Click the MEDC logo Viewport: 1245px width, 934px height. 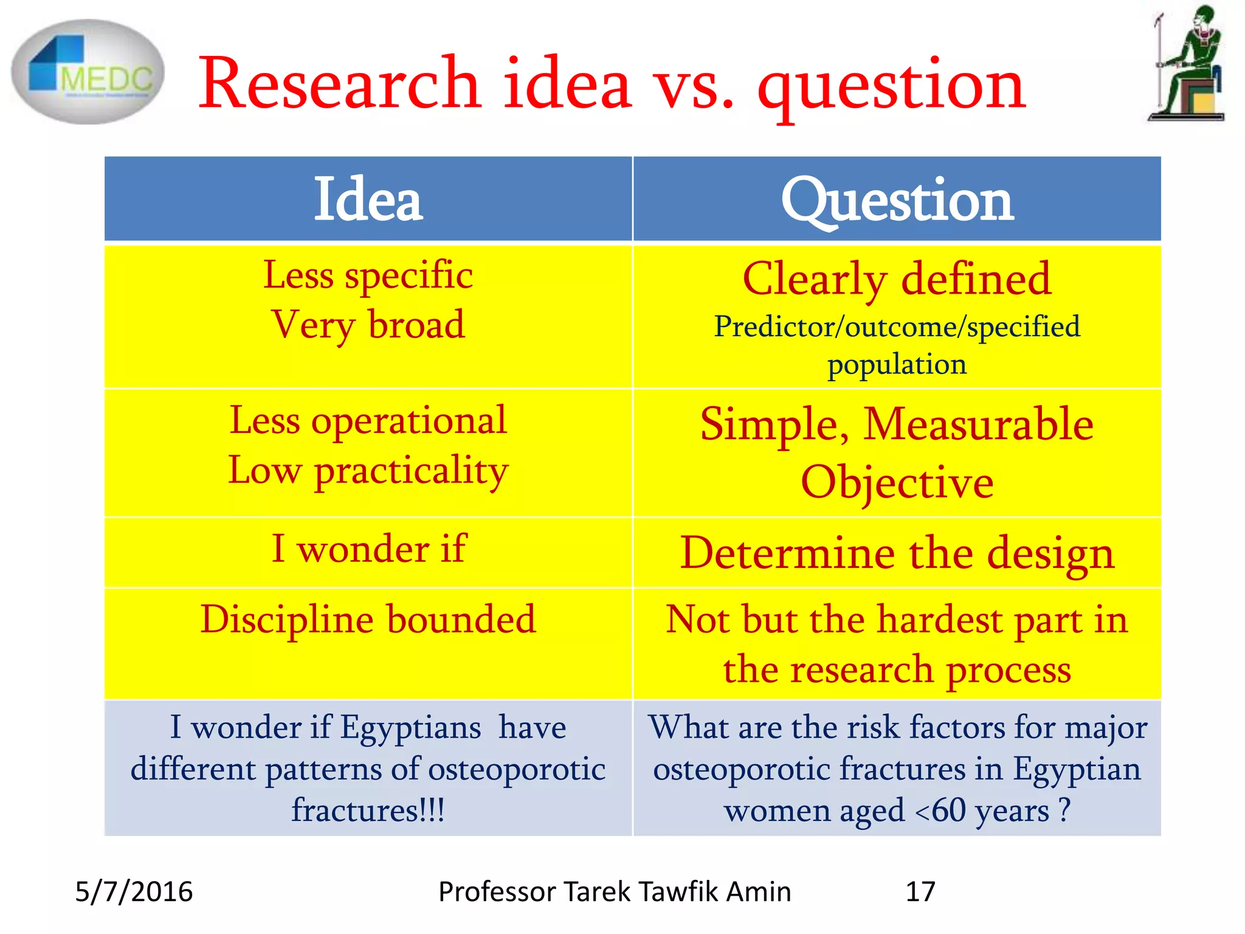[x=88, y=72]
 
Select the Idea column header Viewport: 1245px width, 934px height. [x=368, y=199]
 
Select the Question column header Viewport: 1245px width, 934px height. [x=897, y=199]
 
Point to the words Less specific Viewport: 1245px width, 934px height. [x=368, y=275]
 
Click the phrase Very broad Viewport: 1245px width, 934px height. [x=368, y=325]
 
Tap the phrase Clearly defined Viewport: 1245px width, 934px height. [x=897, y=279]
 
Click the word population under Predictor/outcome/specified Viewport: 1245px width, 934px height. [x=897, y=365]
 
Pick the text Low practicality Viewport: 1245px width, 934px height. [x=368, y=471]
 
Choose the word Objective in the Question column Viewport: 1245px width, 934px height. [x=897, y=482]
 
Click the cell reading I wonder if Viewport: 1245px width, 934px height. [x=368, y=549]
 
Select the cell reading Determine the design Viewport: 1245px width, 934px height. [x=897, y=553]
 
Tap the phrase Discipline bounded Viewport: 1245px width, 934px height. [x=368, y=620]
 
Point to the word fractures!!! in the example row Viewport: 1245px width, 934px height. [x=368, y=811]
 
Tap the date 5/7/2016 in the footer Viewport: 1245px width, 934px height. [x=134, y=892]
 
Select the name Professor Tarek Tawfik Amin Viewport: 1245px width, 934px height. [x=615, y=892]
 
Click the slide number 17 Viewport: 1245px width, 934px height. [x=920, y=892]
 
